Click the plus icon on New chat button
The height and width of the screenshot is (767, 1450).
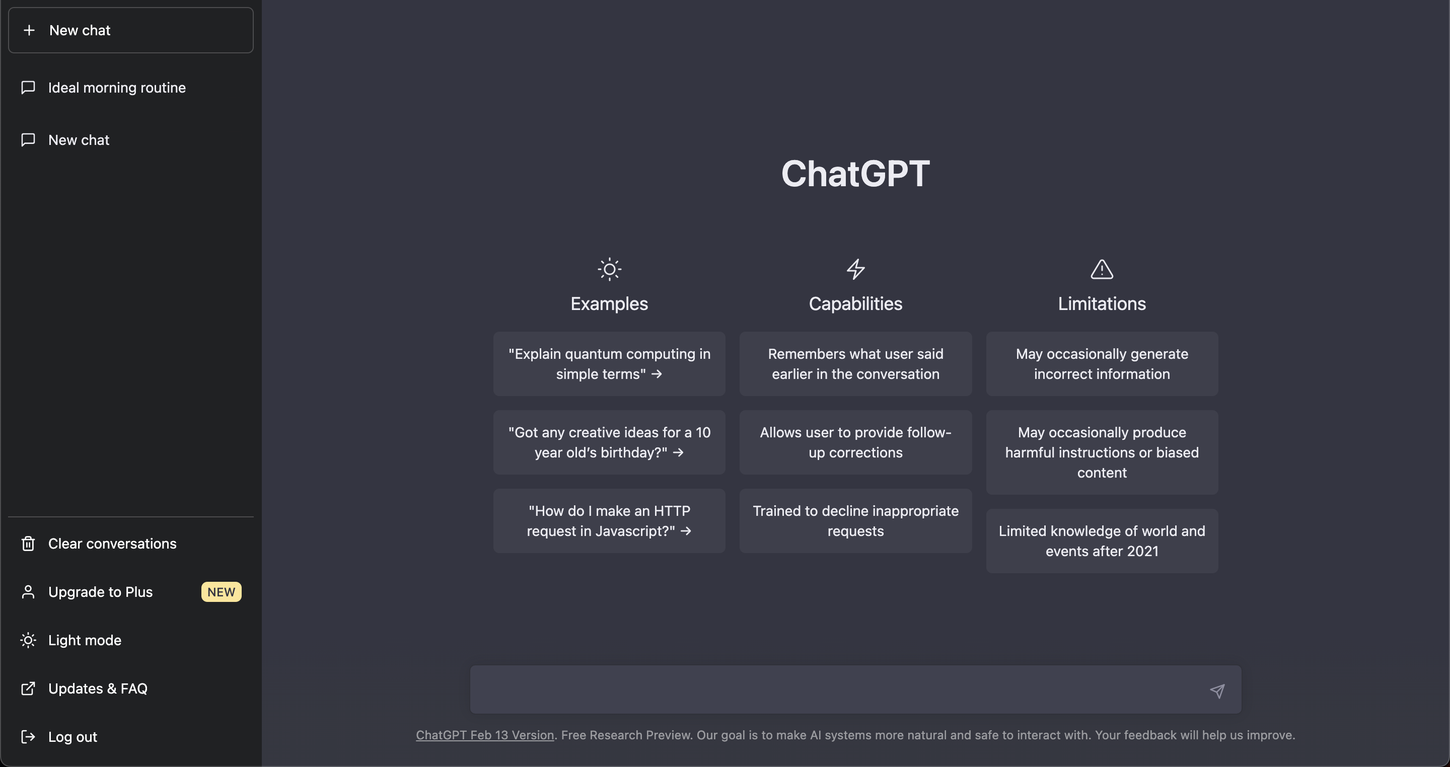(x=29, y=30)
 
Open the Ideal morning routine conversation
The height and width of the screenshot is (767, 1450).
(x=116, y=88)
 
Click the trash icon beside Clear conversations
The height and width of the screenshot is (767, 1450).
(x=28, y=544)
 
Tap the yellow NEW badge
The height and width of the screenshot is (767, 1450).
(x=221, y=592)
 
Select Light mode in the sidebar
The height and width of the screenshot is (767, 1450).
(x=85, y=640)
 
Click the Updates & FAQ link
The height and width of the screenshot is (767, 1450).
(x=97, y=689)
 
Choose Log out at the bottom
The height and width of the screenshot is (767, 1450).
(x=72, y=737)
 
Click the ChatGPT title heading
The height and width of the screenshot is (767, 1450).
(x=855, y=173)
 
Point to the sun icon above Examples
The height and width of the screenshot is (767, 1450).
(x=609, y=270)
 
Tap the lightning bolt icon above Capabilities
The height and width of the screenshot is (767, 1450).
(x=855, y=270)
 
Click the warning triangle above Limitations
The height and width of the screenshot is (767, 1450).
(x=1102, y=270)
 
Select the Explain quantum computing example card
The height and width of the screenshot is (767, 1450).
(x=609, y=364)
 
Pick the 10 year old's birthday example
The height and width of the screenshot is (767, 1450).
(x=609, y=442)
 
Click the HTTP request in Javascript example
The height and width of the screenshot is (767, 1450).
(x=609, y=521)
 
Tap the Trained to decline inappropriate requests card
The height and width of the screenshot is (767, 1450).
(x=855, y=521)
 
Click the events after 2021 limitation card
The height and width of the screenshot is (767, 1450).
(x=1102, y=541)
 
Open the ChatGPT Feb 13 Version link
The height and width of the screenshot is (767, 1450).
(x=485, y=735)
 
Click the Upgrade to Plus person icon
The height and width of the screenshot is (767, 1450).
(x=28, y=592)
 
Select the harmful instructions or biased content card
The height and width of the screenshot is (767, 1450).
(x=1102, y=452)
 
